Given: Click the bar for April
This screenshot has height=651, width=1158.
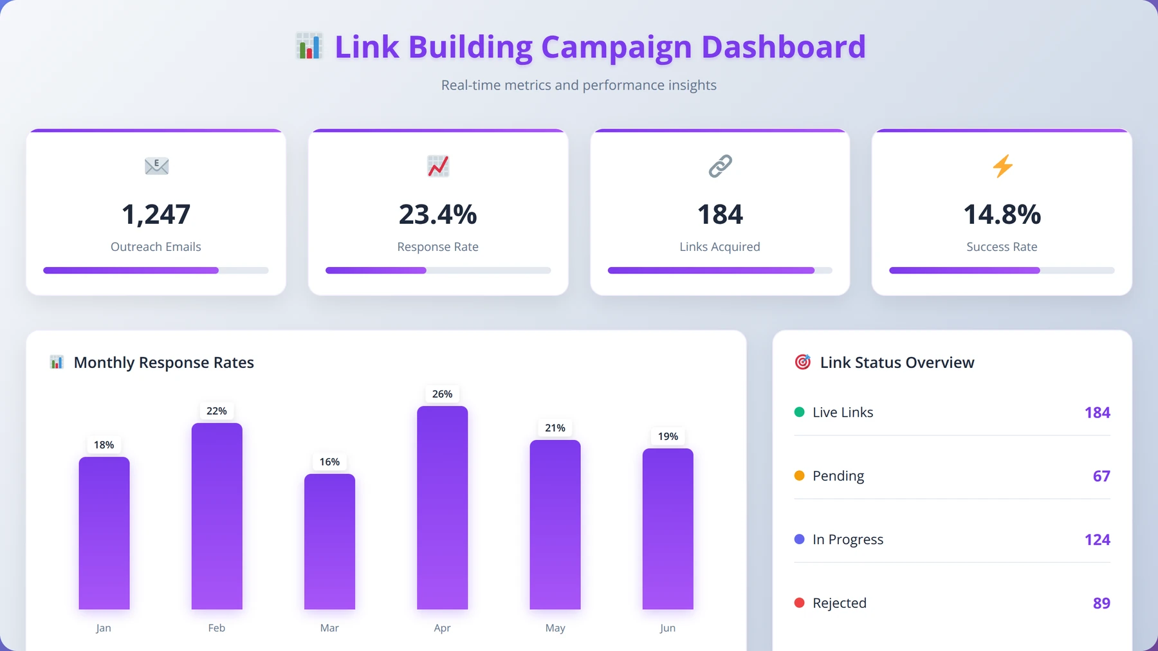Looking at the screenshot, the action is point(442,508).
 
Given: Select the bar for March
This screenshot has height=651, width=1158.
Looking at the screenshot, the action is point(329,542).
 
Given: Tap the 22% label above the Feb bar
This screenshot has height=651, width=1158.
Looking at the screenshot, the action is point(217,411).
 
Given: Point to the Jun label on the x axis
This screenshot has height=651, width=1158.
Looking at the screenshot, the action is point(668,628).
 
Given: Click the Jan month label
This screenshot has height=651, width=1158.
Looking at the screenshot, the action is point(104,628).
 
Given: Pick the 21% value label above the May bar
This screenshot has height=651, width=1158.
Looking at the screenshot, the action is point(555,428).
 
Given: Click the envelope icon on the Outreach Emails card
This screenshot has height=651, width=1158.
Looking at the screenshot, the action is point(156,166).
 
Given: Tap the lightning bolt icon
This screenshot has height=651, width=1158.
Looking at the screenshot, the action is point(1002,166).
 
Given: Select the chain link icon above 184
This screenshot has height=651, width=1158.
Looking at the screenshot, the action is point(720,166).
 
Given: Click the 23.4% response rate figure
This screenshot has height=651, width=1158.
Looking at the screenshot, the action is point(438,214).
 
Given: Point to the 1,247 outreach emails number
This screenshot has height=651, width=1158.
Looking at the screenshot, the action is point(156,214).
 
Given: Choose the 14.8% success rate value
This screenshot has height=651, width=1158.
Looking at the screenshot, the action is point(1002,214).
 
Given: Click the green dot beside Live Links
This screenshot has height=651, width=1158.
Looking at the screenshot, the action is point(800,412).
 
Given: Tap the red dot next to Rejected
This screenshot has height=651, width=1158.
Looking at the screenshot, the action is point(800,603).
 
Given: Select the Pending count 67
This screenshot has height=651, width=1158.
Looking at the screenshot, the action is point(1101,476).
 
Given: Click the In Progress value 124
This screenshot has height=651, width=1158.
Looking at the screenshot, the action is point(1098,540).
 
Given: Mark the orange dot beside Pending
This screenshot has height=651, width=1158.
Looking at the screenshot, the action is point(800,475).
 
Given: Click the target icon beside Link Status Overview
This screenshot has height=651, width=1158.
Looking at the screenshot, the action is point(803,362).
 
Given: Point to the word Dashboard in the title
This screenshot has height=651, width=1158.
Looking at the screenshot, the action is point(784,47).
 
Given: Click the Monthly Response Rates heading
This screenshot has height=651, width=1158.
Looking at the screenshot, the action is point(164,363).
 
